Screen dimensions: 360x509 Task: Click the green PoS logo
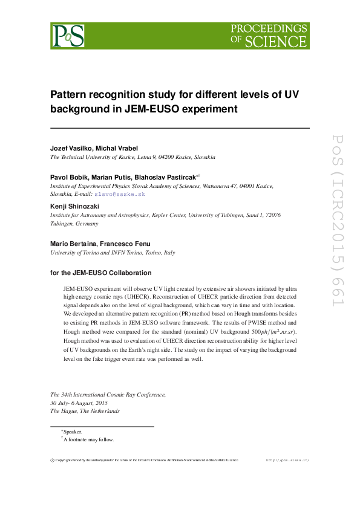[67, 36]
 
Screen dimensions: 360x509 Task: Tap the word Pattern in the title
[69, 95]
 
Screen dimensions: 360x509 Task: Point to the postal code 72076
[272, 215]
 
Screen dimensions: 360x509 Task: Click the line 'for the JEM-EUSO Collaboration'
[101, 273]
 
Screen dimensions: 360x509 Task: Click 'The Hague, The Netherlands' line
[85, 410]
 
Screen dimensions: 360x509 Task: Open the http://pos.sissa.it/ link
[287, 460]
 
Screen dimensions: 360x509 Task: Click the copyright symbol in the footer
[52, 460]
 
